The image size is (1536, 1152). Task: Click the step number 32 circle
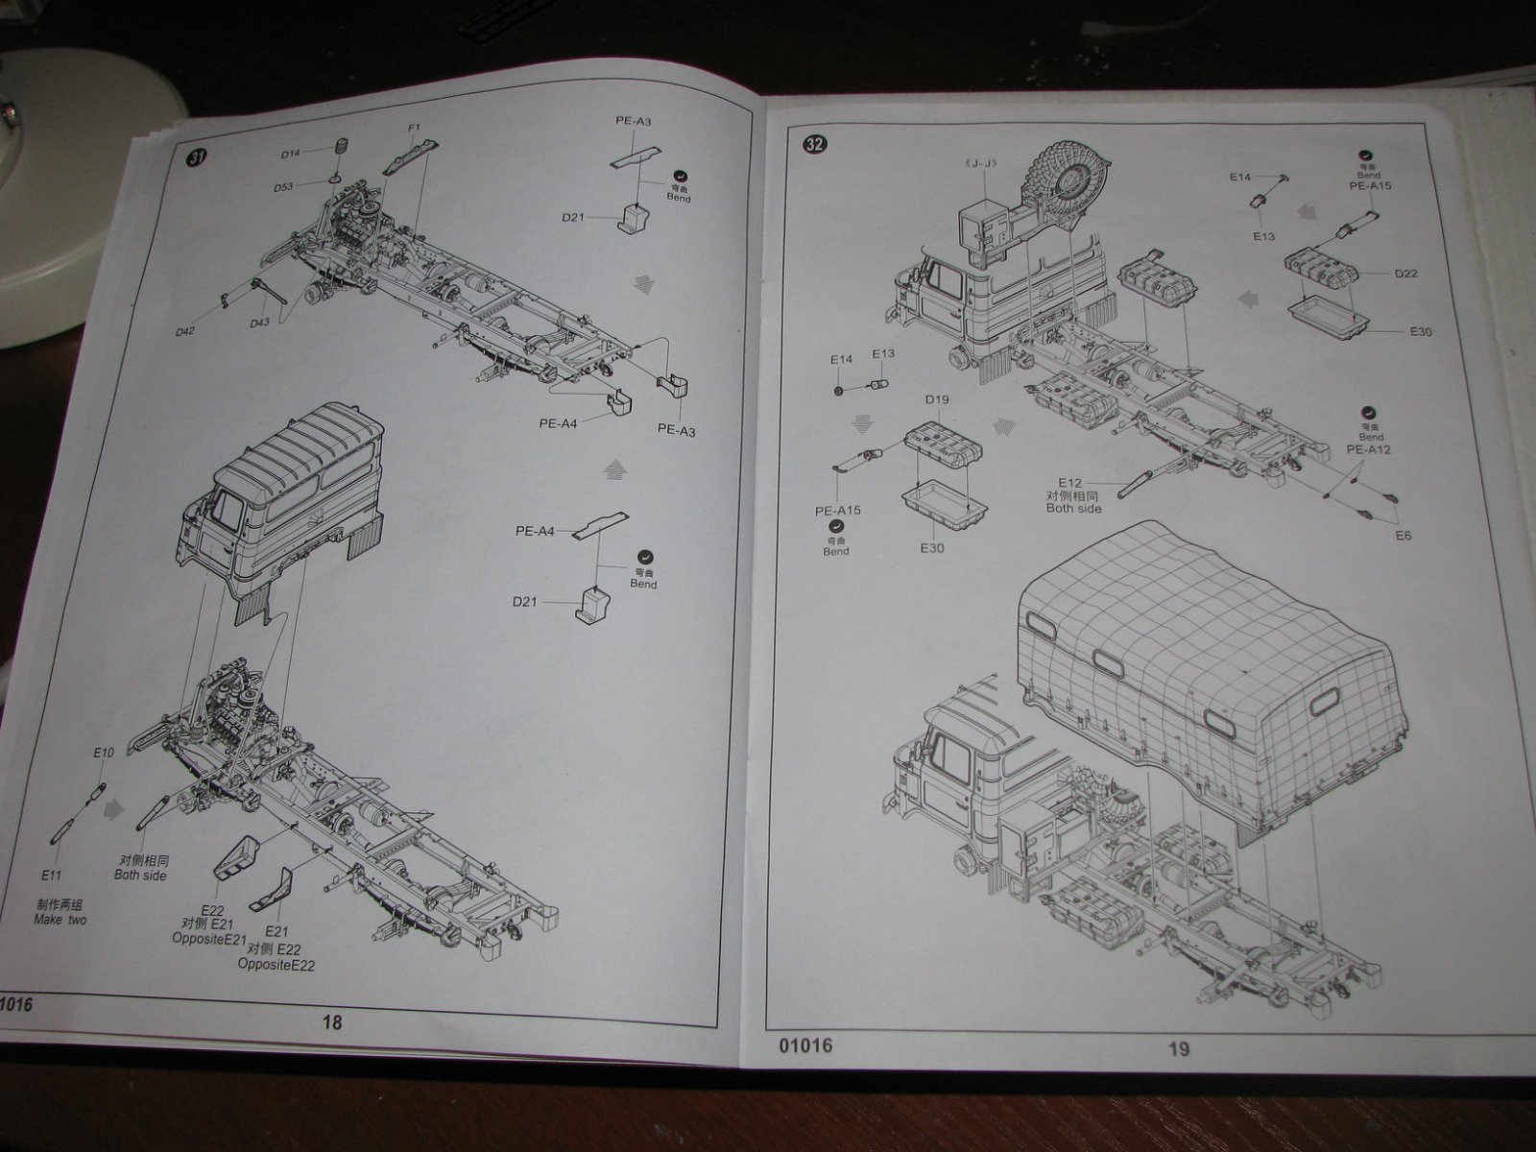coord(814,145)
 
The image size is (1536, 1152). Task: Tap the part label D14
coord(291,154)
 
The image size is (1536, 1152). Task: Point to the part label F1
coord(414,128)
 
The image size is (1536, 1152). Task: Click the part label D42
coord(185,331)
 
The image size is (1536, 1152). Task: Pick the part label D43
coord(259,323)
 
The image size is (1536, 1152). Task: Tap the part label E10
coord(104,753)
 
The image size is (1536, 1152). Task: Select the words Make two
coord(60,920)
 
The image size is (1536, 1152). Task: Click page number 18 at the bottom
coord(332,1022)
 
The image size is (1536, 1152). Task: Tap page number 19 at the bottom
coord(1179,1048)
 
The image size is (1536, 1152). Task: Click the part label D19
coord(937,399)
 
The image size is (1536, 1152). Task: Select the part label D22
coord(1406,275)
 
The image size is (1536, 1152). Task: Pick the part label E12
coord(1070,482)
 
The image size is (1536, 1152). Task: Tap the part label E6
coord(1404,535)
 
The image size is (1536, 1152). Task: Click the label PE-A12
coord(1369,448)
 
